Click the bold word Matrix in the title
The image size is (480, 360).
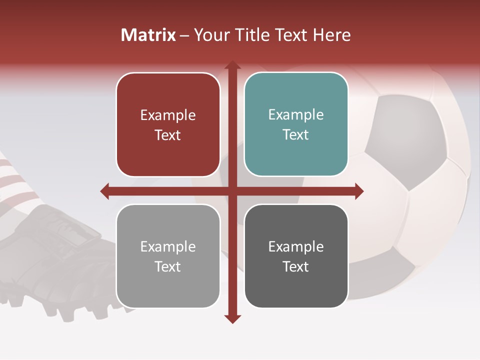[148, 35]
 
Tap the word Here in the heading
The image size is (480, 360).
[331, 35]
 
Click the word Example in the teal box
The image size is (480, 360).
[296, 114]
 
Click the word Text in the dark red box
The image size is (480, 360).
[168, 135]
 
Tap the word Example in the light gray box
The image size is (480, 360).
[168, 246]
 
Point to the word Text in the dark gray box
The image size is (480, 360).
[296, 266]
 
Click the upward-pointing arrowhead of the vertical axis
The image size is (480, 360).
[232, 65]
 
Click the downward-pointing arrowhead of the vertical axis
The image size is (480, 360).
[232, 319]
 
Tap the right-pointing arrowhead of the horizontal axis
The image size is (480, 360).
[359, 191]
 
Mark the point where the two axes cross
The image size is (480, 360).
[232, 191]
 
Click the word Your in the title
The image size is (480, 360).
[209, 35]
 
